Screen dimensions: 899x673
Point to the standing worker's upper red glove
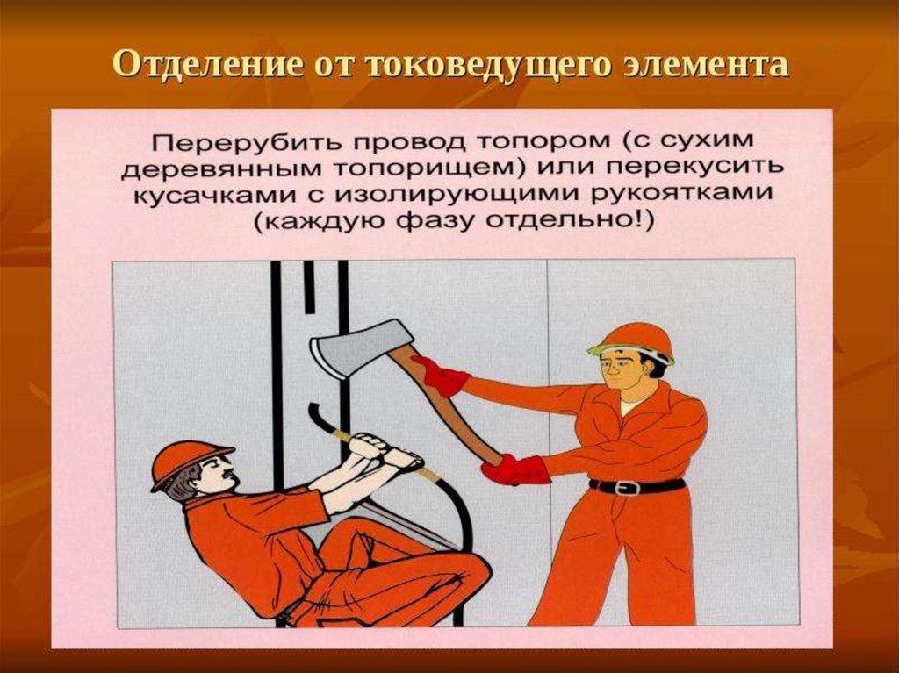click(x=441, y=376)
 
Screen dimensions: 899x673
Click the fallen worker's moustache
click(x=227, y=475)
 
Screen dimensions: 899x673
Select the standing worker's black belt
click(x=637, y=486)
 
